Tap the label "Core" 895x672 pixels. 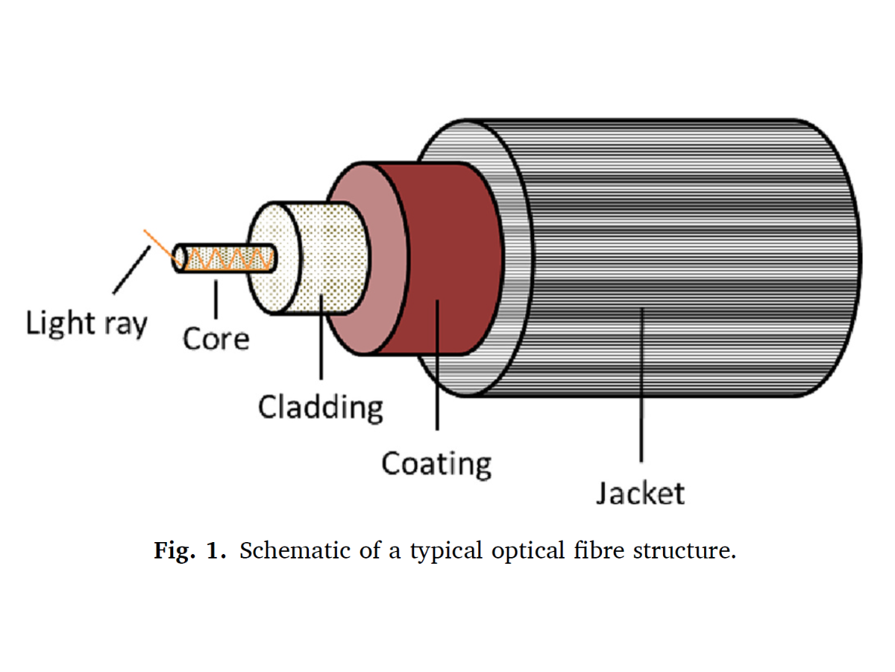coord(216,339)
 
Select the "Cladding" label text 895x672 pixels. coord(320,407)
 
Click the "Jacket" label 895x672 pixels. coord(640,493)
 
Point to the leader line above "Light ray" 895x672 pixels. coord(130,271)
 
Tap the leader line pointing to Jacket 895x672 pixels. coord(641,388)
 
